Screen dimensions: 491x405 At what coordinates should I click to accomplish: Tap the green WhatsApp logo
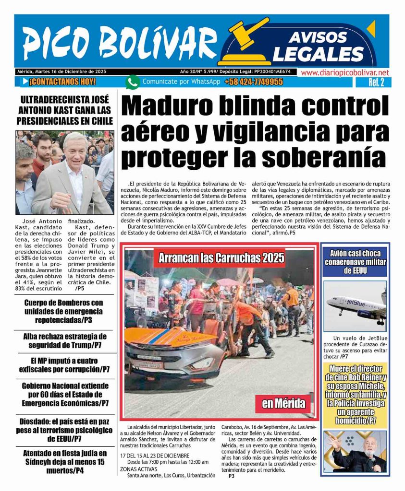[x=133, y=82]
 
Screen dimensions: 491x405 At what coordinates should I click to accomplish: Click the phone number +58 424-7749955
[x=253, y=82]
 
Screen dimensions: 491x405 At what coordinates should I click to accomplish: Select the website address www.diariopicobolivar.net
[x=344, y=72]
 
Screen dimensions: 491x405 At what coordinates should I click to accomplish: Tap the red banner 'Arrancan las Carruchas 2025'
[x=222, y=259]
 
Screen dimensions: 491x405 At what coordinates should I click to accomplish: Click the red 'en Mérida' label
[x=283, y=403]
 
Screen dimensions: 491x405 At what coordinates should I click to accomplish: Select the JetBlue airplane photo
[x=355, y=306]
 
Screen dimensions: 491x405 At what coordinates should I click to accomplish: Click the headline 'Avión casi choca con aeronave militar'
[x=355, y=262]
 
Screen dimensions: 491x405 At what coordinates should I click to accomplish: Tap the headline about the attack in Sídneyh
[x=64, y=461]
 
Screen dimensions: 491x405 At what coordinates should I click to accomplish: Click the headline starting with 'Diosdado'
[x=64, y=430]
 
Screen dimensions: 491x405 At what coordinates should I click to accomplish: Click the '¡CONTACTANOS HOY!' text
[x=62, y=82]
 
